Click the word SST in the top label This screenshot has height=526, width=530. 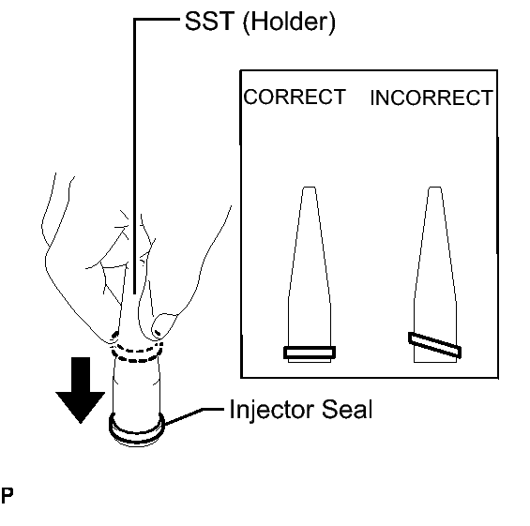coord(209,21)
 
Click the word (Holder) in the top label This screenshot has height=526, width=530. coord(289,23)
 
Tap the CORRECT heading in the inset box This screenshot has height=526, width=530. coord(295,97)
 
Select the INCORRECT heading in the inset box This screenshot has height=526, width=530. coord(432,98)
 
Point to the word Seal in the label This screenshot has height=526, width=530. coord(347,409)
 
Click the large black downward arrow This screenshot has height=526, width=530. coord(81,389)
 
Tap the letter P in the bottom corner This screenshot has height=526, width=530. coord(7,496)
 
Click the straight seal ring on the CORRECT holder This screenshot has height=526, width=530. coord(310,353)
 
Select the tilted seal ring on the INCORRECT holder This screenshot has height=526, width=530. coord(434,345)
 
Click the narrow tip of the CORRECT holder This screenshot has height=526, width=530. coord(310,188)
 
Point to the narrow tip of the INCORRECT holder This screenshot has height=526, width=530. coord(435,188)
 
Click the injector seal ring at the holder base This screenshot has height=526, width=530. coord(137,440)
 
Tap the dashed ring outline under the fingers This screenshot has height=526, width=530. coord(137,360)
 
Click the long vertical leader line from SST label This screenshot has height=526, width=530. coord(134,156)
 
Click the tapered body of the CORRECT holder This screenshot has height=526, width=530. coord(310,270)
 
